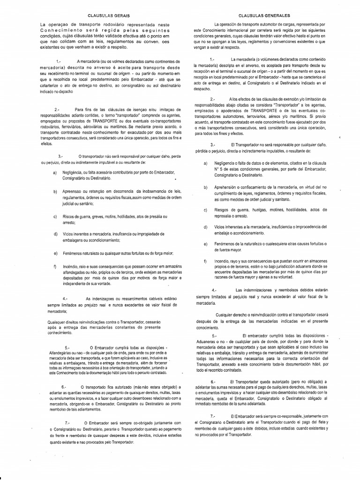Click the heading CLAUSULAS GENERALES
(x=263, y=15)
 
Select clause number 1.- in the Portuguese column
(x=59, y=61)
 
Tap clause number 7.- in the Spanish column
(x=213, y=416)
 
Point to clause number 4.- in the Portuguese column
(x=65, y=298)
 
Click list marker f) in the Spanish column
(x=205, y=261)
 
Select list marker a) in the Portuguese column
(x=55, y=172)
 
